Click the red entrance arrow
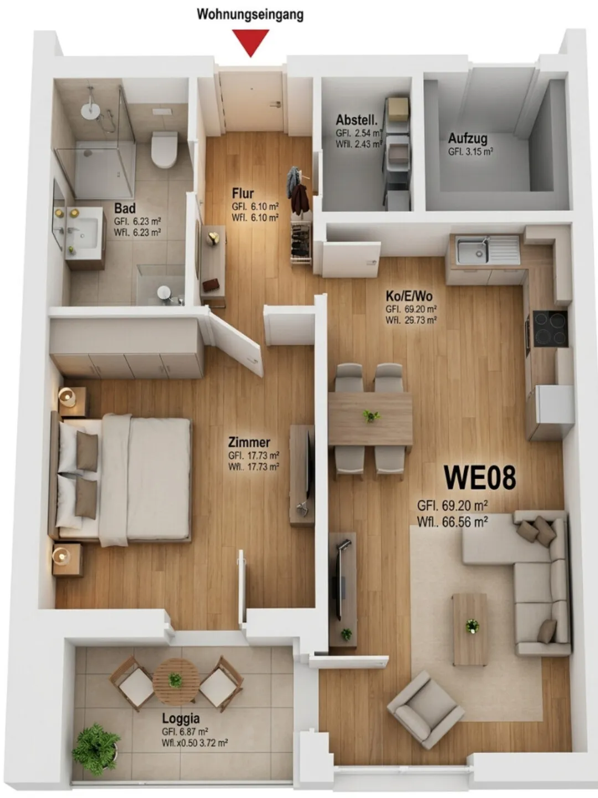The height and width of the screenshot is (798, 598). [x=250, y=42]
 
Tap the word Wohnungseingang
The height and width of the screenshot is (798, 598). [x=250, y=15]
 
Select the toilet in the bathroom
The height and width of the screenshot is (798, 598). [x=164, y=149]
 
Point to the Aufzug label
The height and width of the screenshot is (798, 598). [x=467, y=139]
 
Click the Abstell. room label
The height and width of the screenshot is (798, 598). [x=357, y=120]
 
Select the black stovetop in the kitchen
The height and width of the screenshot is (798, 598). [x=550, y=328]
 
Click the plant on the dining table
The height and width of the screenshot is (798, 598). [x=371, y=416]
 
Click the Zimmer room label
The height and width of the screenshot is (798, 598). [x=249, y=442]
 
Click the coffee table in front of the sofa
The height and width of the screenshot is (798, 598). [x=470, y=630]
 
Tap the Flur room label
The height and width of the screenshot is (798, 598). [x=243, y=193]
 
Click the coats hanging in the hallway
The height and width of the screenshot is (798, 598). [x=298, y=191]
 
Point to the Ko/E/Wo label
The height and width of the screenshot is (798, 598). [x=409, y=296]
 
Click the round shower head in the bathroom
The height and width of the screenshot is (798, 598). [x=90, y=110]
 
